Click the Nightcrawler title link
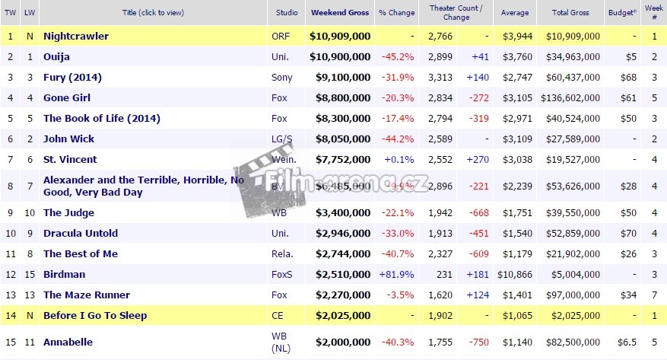[x=76, y=36]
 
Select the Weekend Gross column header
[x=340, y=13]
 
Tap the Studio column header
[x=287, y=13]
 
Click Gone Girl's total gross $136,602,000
[x=570, y=97]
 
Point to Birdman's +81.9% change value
[x=396, y=274]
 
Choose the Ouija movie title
[x=57, y=56]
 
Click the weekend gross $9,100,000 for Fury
[x=340, y=77]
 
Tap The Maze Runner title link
[x=86, y=295]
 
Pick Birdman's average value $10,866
[x=514, y=274]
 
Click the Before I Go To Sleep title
[x=95, y=315]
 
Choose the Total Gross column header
[x=570, y=13]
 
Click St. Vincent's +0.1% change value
[x=398, y=159]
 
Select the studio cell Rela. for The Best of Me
[x=281, y=253]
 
